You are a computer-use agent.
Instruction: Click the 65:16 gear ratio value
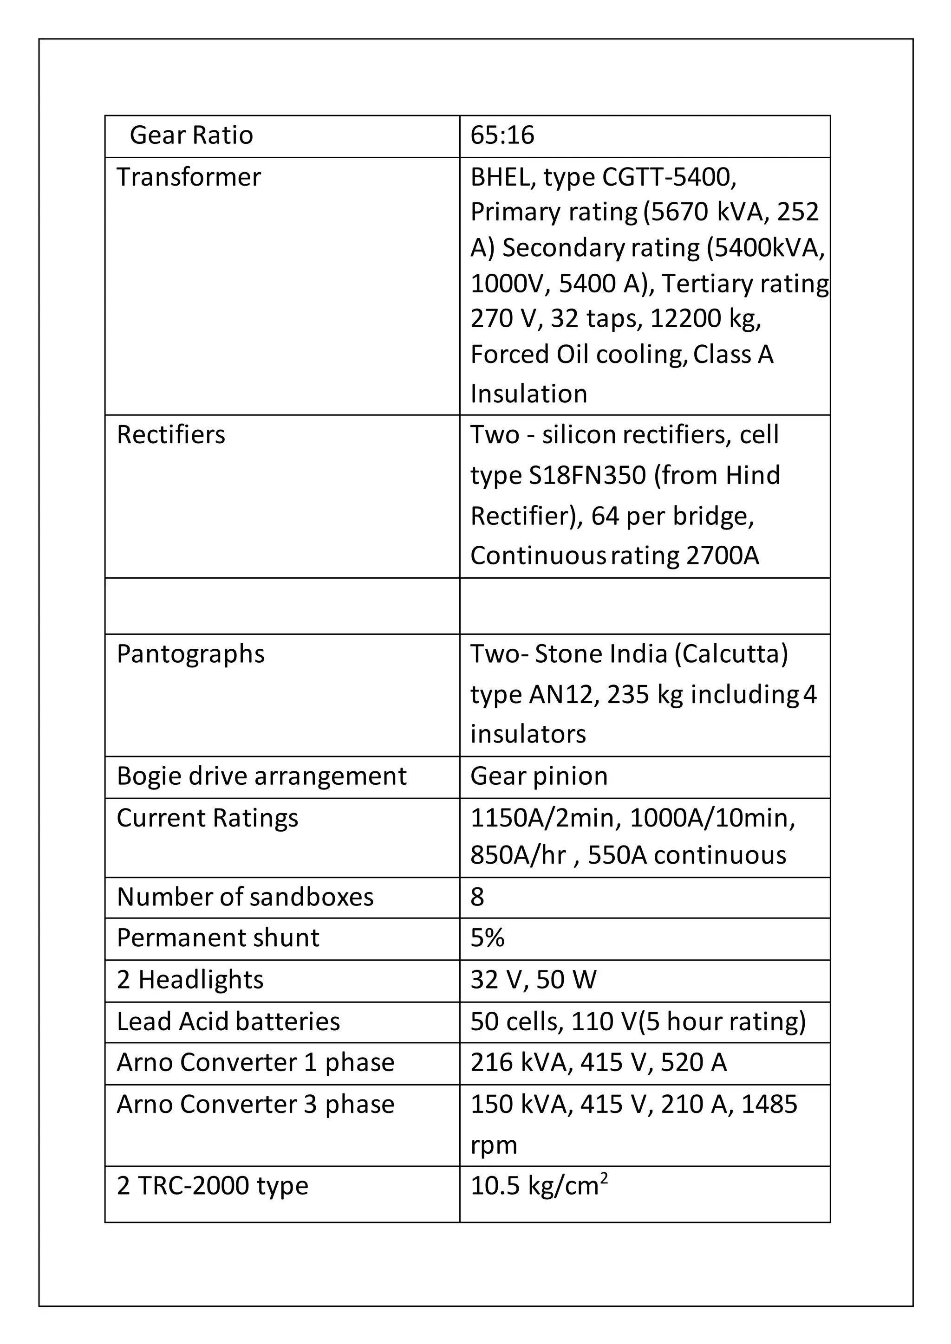pos(502,135)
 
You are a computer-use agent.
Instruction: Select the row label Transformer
pos(189,177)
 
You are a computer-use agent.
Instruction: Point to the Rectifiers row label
pos(170,435)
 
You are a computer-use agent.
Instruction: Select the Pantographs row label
pos(190,654)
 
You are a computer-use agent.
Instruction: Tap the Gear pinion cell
pos(539,776)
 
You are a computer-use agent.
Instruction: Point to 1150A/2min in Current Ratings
pos(545,818)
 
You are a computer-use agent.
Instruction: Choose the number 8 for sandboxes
pos(477,897)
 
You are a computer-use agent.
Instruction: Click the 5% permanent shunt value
pos(487,938)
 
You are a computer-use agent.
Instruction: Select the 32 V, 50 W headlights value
pos(533,979)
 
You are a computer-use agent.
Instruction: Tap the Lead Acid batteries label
pos(228,1021)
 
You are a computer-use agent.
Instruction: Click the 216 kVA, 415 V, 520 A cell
pos(598,1062)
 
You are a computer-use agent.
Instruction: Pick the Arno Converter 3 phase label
pos(255,1105)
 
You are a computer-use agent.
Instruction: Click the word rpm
pos(494,1145)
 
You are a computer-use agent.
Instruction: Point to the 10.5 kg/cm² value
pos(539,1186)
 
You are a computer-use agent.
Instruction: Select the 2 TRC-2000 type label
pos(212,1186)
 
